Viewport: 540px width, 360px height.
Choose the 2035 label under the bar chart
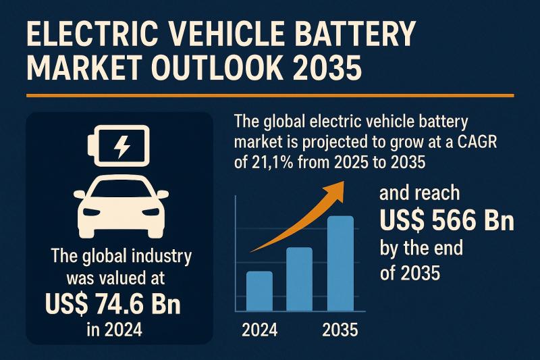[340, 331]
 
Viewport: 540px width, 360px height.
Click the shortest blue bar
[259, 290]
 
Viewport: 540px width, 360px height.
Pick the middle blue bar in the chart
[299, 278]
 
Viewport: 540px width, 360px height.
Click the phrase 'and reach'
[419, 195]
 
